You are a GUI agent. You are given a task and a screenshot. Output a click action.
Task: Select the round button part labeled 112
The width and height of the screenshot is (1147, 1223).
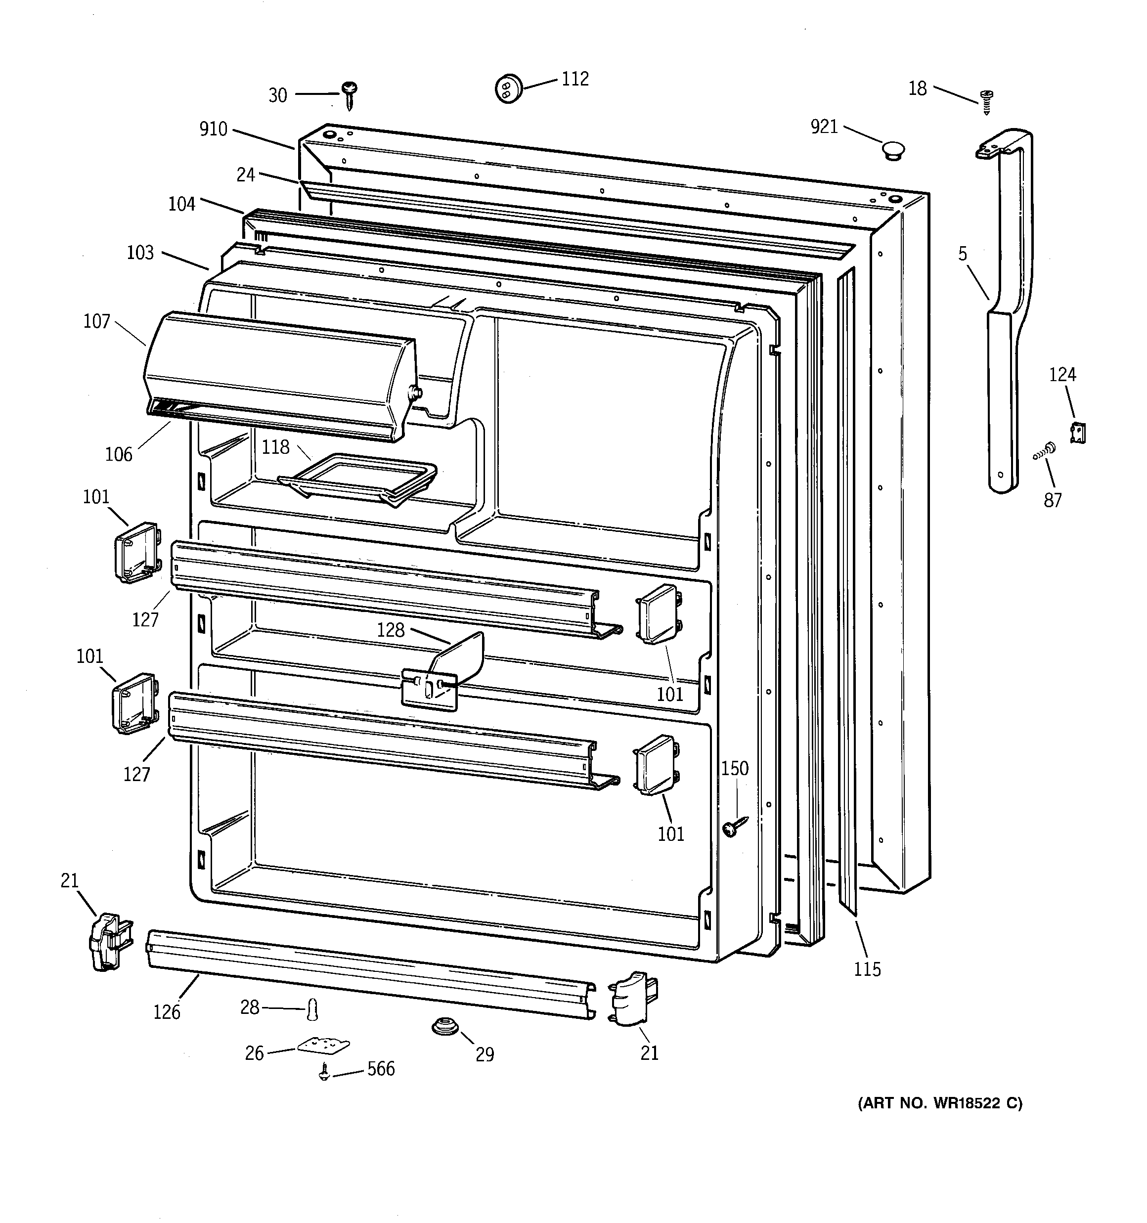[508, 88]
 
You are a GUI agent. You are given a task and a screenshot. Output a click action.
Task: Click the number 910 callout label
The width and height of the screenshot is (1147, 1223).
[214, 129]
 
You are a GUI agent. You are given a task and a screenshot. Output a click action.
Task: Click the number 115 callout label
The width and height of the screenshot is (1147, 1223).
[867, 969]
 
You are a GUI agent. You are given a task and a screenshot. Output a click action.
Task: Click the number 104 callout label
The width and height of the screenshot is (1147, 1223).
[181, 204]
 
